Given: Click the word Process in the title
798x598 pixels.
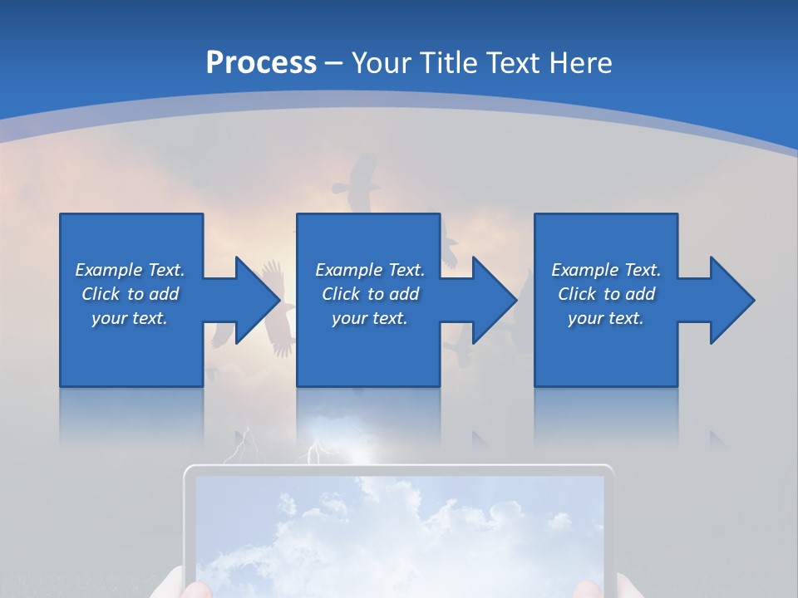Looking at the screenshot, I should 261,62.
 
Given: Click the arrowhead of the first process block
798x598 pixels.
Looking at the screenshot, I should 257,300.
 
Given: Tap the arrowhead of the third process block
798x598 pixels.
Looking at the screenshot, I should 731,300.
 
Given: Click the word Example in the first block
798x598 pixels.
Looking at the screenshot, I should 109,270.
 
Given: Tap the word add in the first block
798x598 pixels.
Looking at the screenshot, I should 164,294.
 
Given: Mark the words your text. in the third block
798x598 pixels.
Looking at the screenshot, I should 605,318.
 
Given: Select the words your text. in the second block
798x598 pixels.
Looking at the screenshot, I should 369,318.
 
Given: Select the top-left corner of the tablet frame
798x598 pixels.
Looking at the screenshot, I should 188,470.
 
